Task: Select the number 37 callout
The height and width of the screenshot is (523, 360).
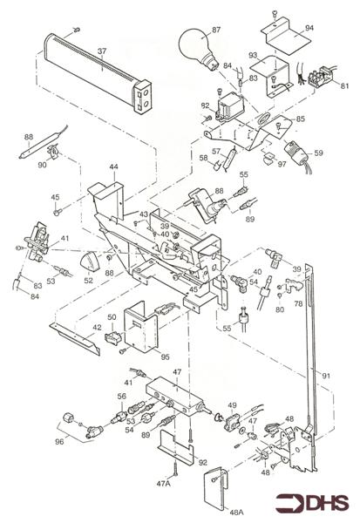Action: point(102,51)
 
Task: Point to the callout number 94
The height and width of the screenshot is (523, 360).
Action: point(309,27)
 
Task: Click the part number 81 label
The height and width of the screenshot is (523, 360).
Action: point(345,85)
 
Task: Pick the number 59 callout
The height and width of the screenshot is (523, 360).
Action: point(318,153)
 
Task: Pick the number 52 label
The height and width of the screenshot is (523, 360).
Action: point(88,281)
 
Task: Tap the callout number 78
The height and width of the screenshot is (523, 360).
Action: point(298,303)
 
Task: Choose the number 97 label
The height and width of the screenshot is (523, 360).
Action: point(282,164)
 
